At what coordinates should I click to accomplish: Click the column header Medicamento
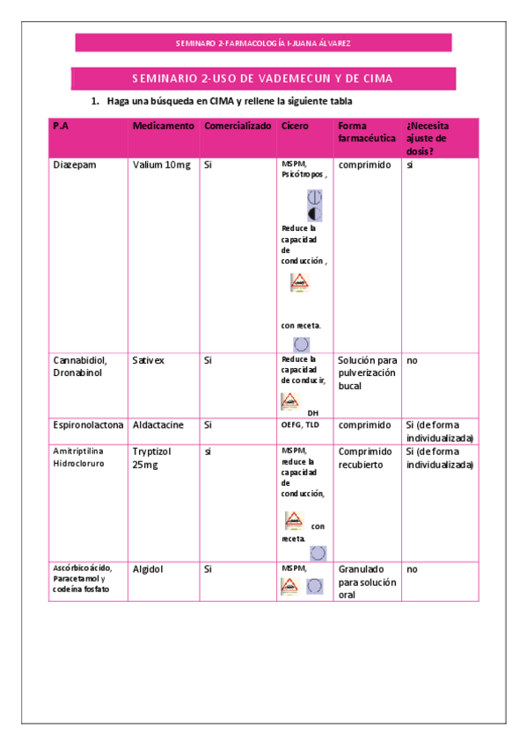coord(163,127)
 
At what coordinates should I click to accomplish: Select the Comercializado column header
coord(238,127)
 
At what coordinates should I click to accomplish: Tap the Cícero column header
coord(295,127)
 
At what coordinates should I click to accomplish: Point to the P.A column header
coord(61,127)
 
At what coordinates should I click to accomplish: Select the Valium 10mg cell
coord(161,164)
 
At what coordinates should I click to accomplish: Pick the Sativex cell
coord(148,360)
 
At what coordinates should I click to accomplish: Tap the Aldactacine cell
coord(158,424)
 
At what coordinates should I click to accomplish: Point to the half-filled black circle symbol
coord(313,214)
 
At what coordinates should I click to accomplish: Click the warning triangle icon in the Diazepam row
coord(300,283)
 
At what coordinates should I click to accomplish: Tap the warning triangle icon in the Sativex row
coord(289,401)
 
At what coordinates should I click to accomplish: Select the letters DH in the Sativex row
coord(312,412)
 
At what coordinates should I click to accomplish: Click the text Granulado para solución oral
coord(367,582)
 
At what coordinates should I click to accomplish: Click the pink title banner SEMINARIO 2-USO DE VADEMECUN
coord(262,78)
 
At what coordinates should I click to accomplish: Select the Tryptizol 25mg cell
coord(151,458)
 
